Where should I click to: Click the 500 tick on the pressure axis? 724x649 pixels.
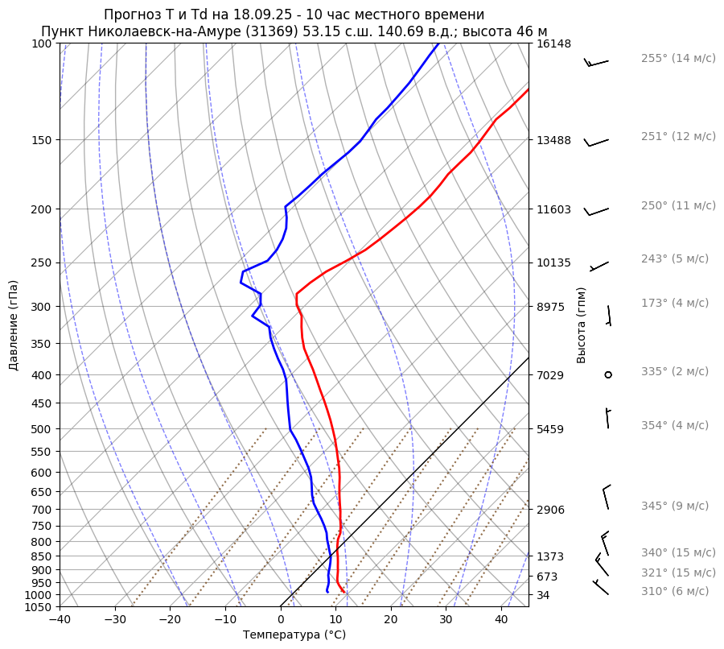(x=40, y=429)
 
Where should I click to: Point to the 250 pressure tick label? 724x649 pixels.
(x=40, y=262)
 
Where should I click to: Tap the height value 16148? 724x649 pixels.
(x=553, y=43)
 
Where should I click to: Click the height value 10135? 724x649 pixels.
(x=553, y=262)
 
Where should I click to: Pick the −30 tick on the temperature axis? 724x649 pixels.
(x=115, y=620)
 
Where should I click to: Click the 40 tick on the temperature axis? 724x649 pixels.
(x=501, y=620)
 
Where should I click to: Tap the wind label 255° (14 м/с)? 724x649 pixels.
(x=678, y=58)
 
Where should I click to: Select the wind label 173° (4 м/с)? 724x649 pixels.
(x=675, y=303)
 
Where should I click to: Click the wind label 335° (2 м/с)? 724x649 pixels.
(x=675, y=371)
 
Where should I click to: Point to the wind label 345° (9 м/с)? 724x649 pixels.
(x=675, y=506)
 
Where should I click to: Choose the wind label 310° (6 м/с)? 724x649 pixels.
(x=675, y=591)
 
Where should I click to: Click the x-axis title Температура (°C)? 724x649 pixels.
(x=294, y=635)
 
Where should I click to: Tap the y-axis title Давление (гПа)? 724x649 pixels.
(x=14, y=325)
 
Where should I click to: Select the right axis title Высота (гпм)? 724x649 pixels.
(x=582, y=325)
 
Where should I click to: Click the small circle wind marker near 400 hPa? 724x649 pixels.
(x=608, y=374)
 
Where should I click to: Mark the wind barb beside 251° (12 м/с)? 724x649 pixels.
(x=596, y=143)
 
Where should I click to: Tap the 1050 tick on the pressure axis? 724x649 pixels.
(x=37, y=607)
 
